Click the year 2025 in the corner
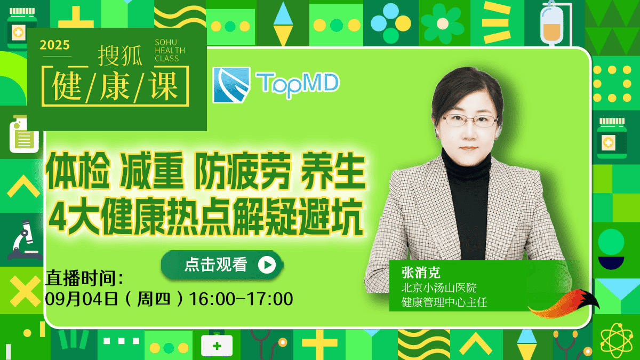coord(54,45)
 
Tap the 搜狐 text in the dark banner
coord(121,55)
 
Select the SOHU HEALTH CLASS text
coord(170,51)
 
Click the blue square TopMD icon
coord(231,85)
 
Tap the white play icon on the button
coord(267,265)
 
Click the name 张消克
coord(421,273)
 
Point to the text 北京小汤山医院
coord(439,287)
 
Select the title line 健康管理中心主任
coord(444,302)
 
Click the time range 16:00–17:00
coord(241,299)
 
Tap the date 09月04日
coord(82,299)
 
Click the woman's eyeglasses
coord(470,121)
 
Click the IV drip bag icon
coord(551,23)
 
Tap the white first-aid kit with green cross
coord(217,345)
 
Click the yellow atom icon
coord(617,341)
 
